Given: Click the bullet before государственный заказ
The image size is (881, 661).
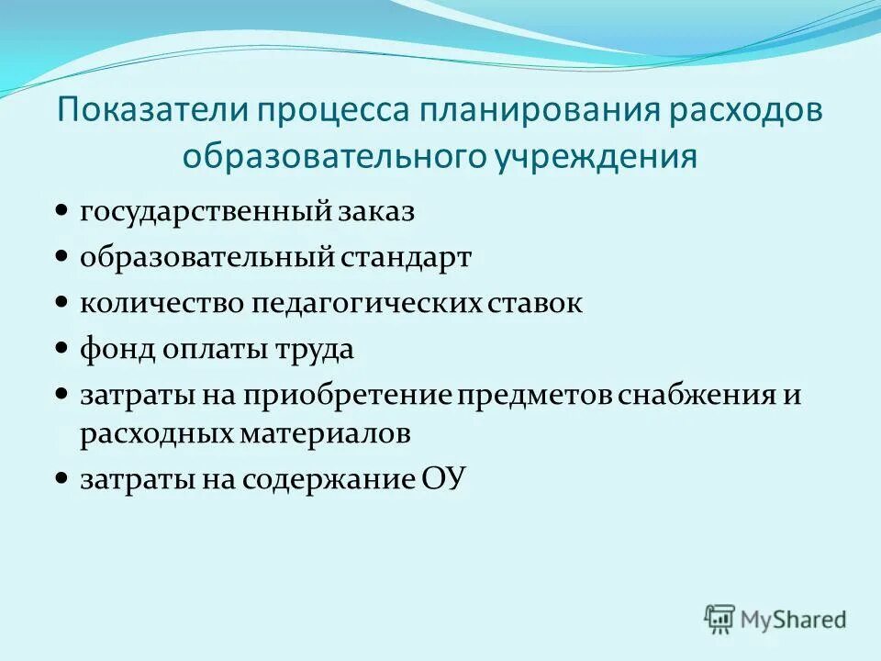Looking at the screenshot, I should tap(61, 211).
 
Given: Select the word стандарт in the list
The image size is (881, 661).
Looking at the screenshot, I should tap(407, 258).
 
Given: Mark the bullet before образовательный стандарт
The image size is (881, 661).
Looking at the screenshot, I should tap(61, 257).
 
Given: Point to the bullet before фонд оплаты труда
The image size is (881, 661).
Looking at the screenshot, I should tap(61, 349).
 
